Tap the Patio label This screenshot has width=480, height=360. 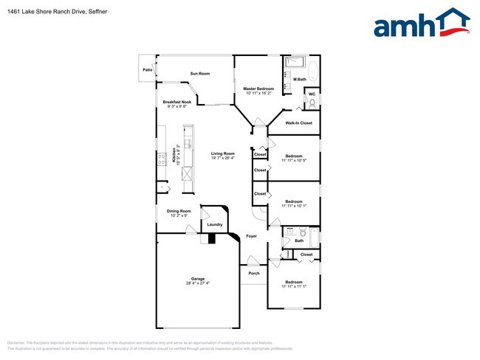(x=148, y=70)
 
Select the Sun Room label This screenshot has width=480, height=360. (x=200, y=74)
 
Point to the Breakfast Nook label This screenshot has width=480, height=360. (x=177, y=102)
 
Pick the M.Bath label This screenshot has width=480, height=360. (x=300, y=79)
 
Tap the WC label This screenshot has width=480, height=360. (x=312, y=94)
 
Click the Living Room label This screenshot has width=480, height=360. (x=222, y=153)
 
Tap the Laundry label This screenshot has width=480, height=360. (x=215, y=224)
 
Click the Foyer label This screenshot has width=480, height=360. (x=251, y=236)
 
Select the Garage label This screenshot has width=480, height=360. (x=198, y=279)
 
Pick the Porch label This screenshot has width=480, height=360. (x=254, y=274)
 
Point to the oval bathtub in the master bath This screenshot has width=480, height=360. (x=313, y=72)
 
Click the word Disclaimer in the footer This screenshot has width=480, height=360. (x=16, y=343)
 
